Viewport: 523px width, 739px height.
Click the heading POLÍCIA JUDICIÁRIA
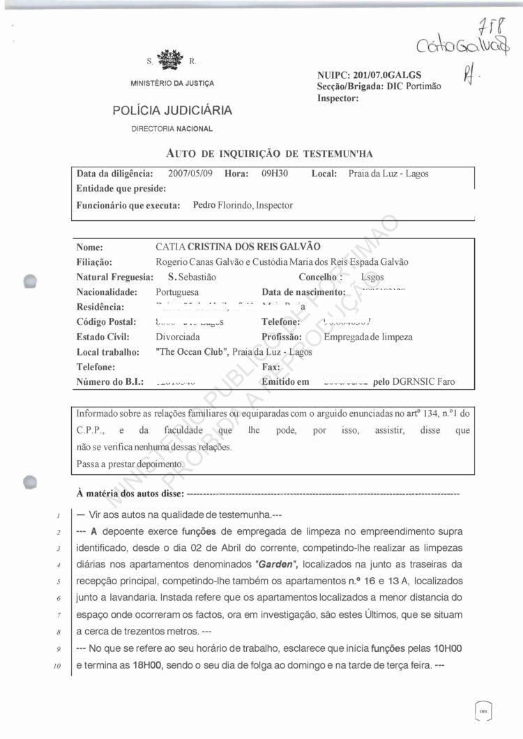[x=172, y=110]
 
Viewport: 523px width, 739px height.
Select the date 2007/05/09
[x=190, y=174]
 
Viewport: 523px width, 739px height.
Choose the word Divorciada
[x=179, y=337]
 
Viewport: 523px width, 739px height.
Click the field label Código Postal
[x=105, y=322]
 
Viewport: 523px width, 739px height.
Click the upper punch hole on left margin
[x=30, y=280]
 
